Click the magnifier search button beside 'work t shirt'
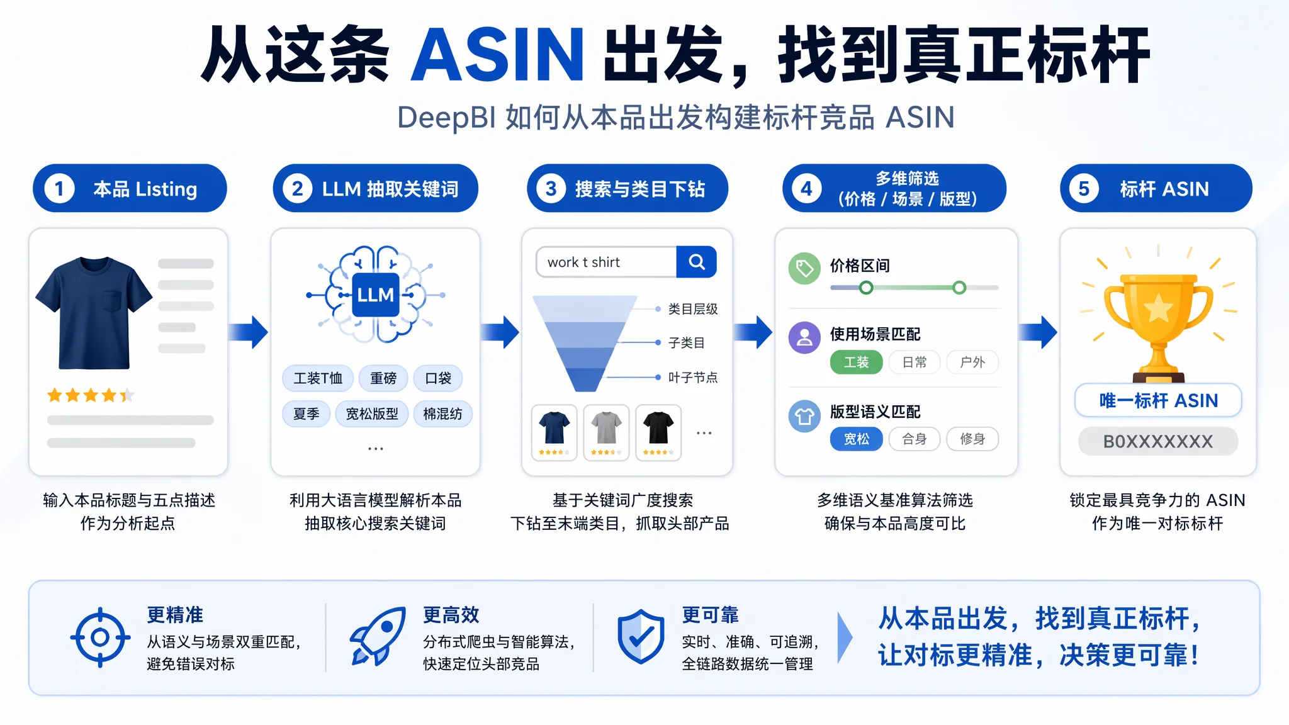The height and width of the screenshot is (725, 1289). coord(696,262)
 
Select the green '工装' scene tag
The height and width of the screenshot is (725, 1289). coord(856,362)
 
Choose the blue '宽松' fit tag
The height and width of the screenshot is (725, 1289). coord(856,439)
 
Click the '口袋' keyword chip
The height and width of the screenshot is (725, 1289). coord(438,378)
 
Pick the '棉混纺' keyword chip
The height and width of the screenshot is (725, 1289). coord(442,414)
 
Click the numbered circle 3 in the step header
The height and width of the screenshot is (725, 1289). coord(551,189)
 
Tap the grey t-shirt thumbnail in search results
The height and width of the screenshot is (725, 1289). coord(606,432)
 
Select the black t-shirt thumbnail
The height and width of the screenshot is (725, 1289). coord(658,432)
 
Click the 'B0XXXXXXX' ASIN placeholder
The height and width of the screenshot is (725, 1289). coord(1158,441)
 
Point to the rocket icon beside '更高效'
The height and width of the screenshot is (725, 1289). coord(378,636)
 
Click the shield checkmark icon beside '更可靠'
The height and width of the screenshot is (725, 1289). coord(641,636)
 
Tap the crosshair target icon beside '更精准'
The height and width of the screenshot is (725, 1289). coord(100,638)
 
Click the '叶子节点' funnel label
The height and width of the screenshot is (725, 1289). coord(692,378)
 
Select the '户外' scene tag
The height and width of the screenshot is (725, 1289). coord(972,362)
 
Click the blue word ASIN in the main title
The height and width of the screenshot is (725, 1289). coord(497,55)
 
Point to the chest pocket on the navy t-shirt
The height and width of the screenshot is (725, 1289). coord(111,301)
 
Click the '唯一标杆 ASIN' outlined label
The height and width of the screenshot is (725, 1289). coord(1158,400)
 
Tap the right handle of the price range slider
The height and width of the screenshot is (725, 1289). coord(959,288)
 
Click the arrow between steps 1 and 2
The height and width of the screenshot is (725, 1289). coord(249,332)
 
